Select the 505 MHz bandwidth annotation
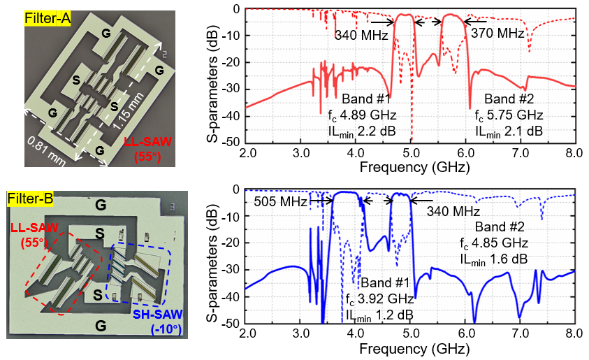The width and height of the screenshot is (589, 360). [x=281, y=201]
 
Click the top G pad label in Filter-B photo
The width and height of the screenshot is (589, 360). [x=101, y=204]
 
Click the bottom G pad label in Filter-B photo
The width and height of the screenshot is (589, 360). [x=101, y=325]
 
